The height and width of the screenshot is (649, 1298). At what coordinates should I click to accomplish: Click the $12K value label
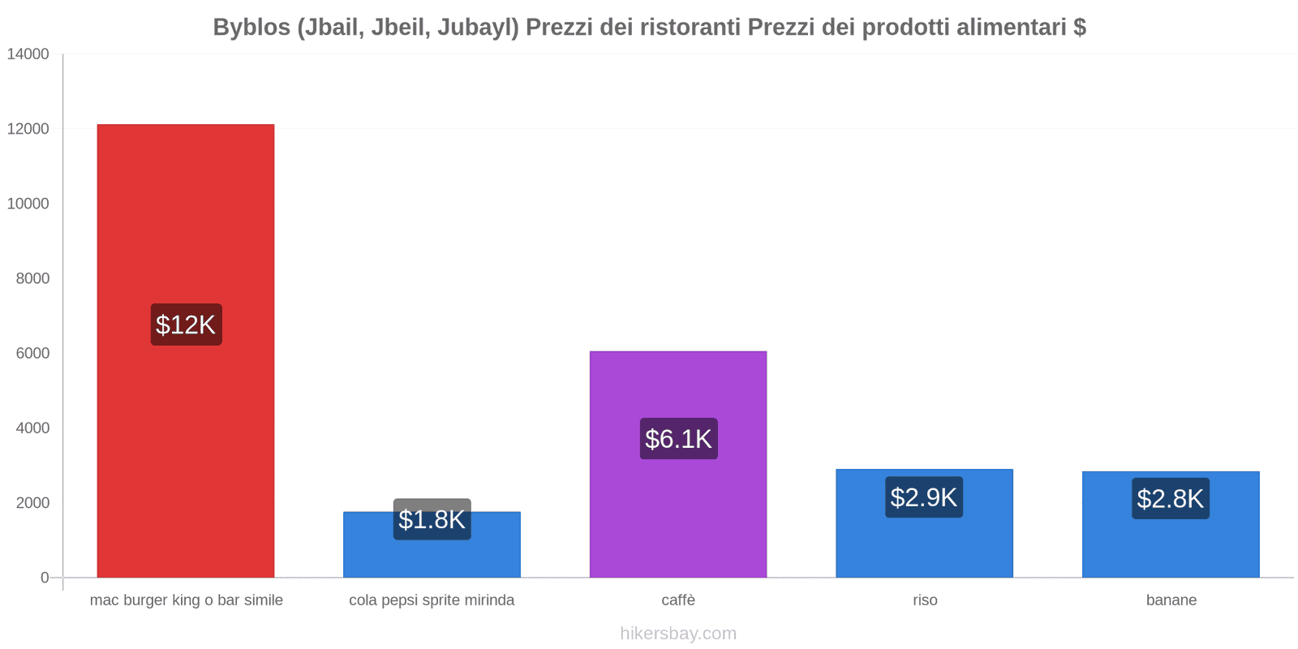click(x=186, y=324)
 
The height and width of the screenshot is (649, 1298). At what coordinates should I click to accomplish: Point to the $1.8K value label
click(x=432, y=519)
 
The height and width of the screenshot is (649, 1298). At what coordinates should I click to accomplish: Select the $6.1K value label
click(x=678, y=439)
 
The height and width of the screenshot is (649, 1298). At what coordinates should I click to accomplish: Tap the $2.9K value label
click(x=924, y=497)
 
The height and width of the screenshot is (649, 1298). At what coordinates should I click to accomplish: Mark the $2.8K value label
click(x=1171, y=499)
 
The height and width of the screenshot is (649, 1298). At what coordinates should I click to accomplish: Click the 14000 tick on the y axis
click(x=28, y=54)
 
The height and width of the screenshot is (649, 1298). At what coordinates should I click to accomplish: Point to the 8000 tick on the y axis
click(x=32, y=278)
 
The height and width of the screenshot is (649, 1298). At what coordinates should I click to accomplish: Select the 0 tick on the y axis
click(x=45, y=578)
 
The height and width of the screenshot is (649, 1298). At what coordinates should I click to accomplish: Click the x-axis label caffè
click(x=678, y=600)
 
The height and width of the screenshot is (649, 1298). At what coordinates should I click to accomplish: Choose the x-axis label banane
click(x=1171, y=600)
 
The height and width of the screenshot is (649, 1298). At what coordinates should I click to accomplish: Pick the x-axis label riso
click(x=925, y=600)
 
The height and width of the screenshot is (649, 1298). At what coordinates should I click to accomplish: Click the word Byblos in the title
click(x=251, y=28)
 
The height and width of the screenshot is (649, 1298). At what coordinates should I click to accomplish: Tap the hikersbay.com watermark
click(x=678, y=634)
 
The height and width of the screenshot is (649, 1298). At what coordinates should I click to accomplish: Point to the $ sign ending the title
click(x=1079, y=28)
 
